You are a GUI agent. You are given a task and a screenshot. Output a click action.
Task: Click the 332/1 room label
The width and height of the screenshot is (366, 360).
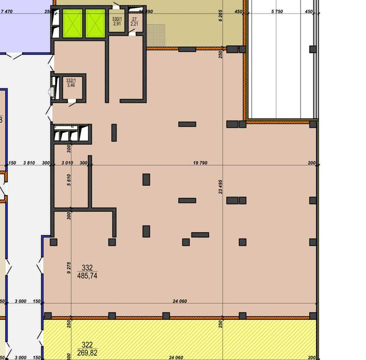click(71, 80)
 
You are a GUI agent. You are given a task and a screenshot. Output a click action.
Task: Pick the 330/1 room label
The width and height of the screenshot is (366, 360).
click(117, 19)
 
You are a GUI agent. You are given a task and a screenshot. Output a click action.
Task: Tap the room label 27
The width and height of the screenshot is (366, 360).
click(134, 19)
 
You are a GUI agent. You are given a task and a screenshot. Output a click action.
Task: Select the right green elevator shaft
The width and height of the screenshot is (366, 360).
click(94, 24)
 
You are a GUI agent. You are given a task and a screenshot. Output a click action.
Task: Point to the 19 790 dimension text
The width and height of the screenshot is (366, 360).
click(200, 163)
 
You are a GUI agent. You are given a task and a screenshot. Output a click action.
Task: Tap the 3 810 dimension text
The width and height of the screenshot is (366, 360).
click(29, 163)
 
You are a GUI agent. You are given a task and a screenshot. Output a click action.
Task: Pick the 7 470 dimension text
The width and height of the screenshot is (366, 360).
click(8, 11)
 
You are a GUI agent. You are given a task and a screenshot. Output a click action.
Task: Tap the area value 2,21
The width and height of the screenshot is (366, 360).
click(134, 24)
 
